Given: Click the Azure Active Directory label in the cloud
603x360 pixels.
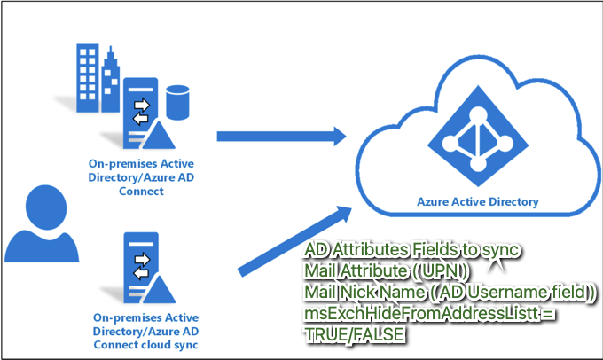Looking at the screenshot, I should click(477, 201).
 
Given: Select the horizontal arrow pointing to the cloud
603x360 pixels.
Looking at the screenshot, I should click(280, 136).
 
